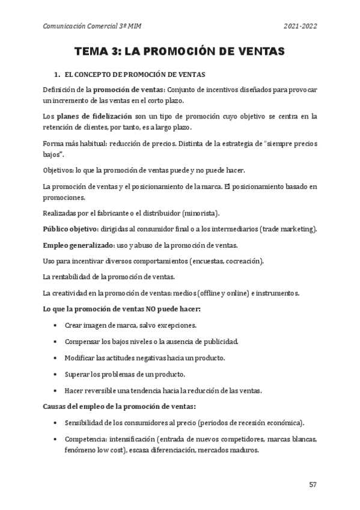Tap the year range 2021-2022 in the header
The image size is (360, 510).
point(300,26)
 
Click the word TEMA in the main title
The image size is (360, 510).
point(93,52)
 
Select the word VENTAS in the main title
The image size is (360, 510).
point(256,52)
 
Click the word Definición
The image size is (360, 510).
point(59,90)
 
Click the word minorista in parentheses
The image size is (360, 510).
point(203,214)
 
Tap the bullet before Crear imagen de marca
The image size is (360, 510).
point(55,325)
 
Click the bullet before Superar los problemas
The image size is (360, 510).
point(55,374)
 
